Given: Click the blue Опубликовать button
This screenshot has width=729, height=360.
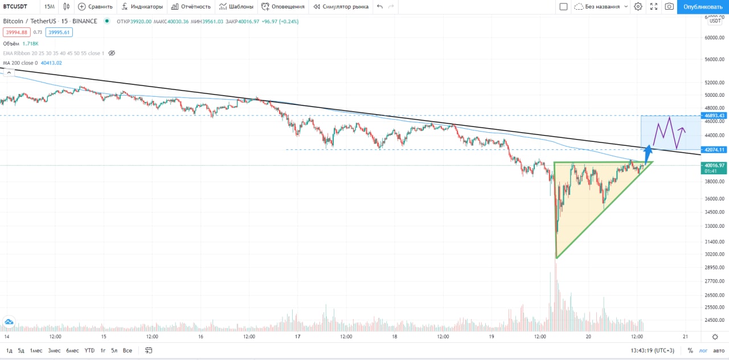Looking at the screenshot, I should click(702, 7).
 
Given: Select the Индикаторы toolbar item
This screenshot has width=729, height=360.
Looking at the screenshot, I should click(142, 7).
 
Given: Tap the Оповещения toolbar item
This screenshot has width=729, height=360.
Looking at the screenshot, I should click(283, 7).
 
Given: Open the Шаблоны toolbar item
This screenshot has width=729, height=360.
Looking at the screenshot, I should click(236, 7).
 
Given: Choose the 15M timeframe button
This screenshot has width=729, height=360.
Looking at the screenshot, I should click(50, 7).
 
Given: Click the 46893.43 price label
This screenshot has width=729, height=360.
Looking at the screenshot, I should click(714, 116).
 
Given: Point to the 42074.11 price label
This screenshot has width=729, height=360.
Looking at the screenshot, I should click(714, 150).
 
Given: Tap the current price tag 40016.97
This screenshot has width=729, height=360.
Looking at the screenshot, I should click(714, 165).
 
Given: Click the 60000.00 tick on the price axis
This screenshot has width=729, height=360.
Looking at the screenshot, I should click(714, 38).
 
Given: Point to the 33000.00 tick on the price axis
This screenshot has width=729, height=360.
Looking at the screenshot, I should click(714, 226).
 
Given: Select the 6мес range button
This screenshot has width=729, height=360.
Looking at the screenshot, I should click(72, 350).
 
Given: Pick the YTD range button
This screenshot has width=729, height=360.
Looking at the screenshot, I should click(89, 350).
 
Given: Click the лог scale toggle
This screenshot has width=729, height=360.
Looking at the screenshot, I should click(703, 351).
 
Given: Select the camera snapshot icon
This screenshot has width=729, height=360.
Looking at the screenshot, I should click(669, 7).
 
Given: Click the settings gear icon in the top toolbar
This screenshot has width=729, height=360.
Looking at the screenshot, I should click(638, 7).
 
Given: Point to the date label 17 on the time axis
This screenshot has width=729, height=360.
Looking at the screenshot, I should click(298, 337).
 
